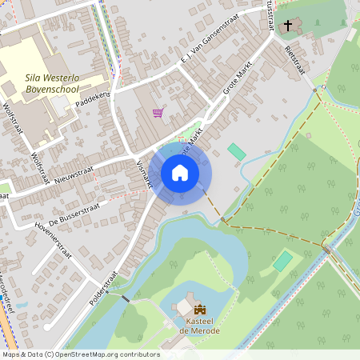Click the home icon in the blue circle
[180, 172]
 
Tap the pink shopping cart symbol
[158, 113]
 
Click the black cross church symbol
[288, 25]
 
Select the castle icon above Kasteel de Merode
[199, 309]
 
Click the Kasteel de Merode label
[199, 326]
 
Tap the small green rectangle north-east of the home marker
[236, 151]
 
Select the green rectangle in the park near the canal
[282, 262]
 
